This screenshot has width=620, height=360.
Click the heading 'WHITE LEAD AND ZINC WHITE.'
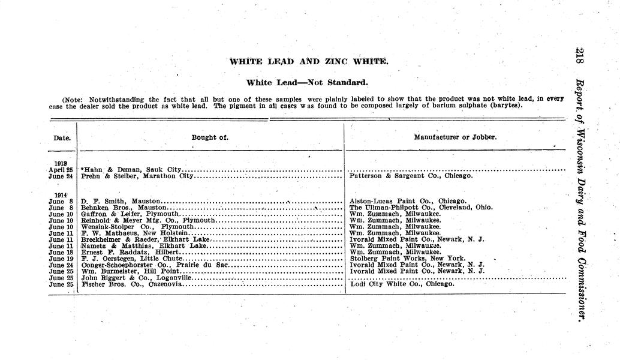pos(309,61)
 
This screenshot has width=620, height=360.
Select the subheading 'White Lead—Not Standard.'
pos(307,82)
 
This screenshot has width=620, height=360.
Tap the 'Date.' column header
pos(62,138)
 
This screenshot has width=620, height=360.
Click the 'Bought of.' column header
pos(210,137)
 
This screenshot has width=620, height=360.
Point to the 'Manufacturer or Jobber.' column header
pos(455,137)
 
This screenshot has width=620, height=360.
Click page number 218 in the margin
pos(580,58)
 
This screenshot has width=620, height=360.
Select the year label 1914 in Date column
pos(61,195)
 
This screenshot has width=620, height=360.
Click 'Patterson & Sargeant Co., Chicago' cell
pos(411,176)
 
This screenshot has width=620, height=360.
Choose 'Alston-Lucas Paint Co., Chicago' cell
pos(407,201)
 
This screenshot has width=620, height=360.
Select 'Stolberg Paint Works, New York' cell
pos(407,258)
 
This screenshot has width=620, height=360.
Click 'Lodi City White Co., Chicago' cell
pos(402,284)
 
